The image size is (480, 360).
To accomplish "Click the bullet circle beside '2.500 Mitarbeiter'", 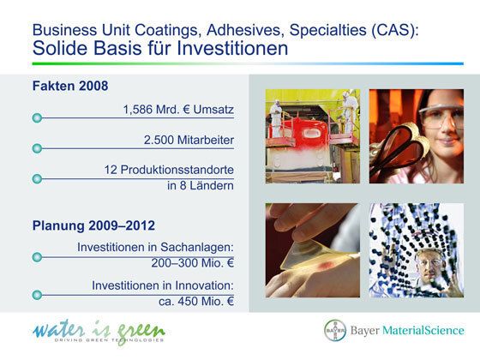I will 36,148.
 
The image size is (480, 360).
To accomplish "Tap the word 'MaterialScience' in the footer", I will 423,331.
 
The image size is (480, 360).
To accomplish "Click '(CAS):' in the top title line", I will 397,28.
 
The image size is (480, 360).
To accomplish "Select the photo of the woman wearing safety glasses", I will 417,135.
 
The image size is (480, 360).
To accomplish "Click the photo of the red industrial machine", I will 312,135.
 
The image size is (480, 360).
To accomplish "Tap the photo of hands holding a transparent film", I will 312,249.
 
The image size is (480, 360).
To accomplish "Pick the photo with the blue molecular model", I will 417,249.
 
